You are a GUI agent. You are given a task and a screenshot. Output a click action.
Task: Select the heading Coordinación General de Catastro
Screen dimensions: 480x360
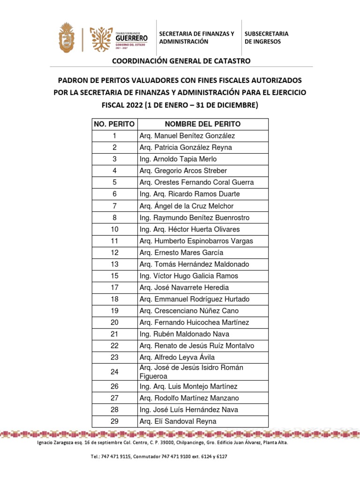pos(180,61)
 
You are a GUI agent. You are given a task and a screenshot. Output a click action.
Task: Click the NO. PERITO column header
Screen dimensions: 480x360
pos(114,124)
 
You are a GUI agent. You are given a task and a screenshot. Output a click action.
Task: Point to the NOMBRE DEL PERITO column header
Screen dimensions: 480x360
pos(203,124)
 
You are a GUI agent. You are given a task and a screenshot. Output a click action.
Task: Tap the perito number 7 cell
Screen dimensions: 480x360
pos(114,206)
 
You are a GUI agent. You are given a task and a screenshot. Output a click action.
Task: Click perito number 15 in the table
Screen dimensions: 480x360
pos(114,276)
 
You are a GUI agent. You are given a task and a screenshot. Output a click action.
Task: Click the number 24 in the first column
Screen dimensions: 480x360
pos(114,372)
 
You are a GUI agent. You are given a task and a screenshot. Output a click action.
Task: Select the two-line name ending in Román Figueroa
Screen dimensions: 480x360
pos(191,372)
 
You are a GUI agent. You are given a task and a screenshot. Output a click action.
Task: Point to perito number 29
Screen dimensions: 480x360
pos(114,421)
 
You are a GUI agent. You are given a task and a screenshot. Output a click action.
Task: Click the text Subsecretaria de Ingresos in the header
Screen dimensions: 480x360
pos(266,37)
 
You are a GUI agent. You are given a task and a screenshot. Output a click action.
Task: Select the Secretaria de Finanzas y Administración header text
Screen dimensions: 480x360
pos(196,37)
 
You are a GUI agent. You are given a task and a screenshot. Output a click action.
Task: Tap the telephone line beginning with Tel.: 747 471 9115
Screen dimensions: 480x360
pos(159,456)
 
